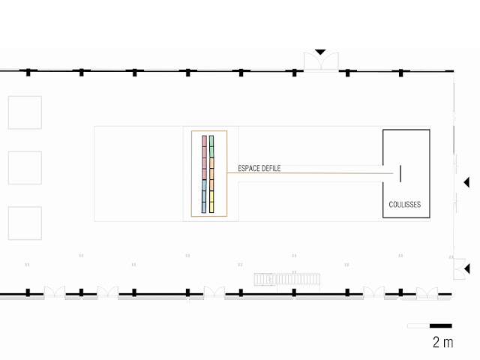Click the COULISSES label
[405, 204]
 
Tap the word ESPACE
[249, 169]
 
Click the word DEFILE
[271, 169]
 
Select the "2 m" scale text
[442, 342]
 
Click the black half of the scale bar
[441, 325]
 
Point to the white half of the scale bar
[418, 325]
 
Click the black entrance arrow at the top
[320, 52]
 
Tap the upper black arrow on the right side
[466, 181]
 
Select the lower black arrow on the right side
[466, 268]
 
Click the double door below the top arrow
[320, 63]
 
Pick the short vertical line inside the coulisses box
[400, 173]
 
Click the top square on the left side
[25, 112]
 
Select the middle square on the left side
[25, 167]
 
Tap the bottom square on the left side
[25, 223]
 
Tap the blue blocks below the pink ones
[204, 196]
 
